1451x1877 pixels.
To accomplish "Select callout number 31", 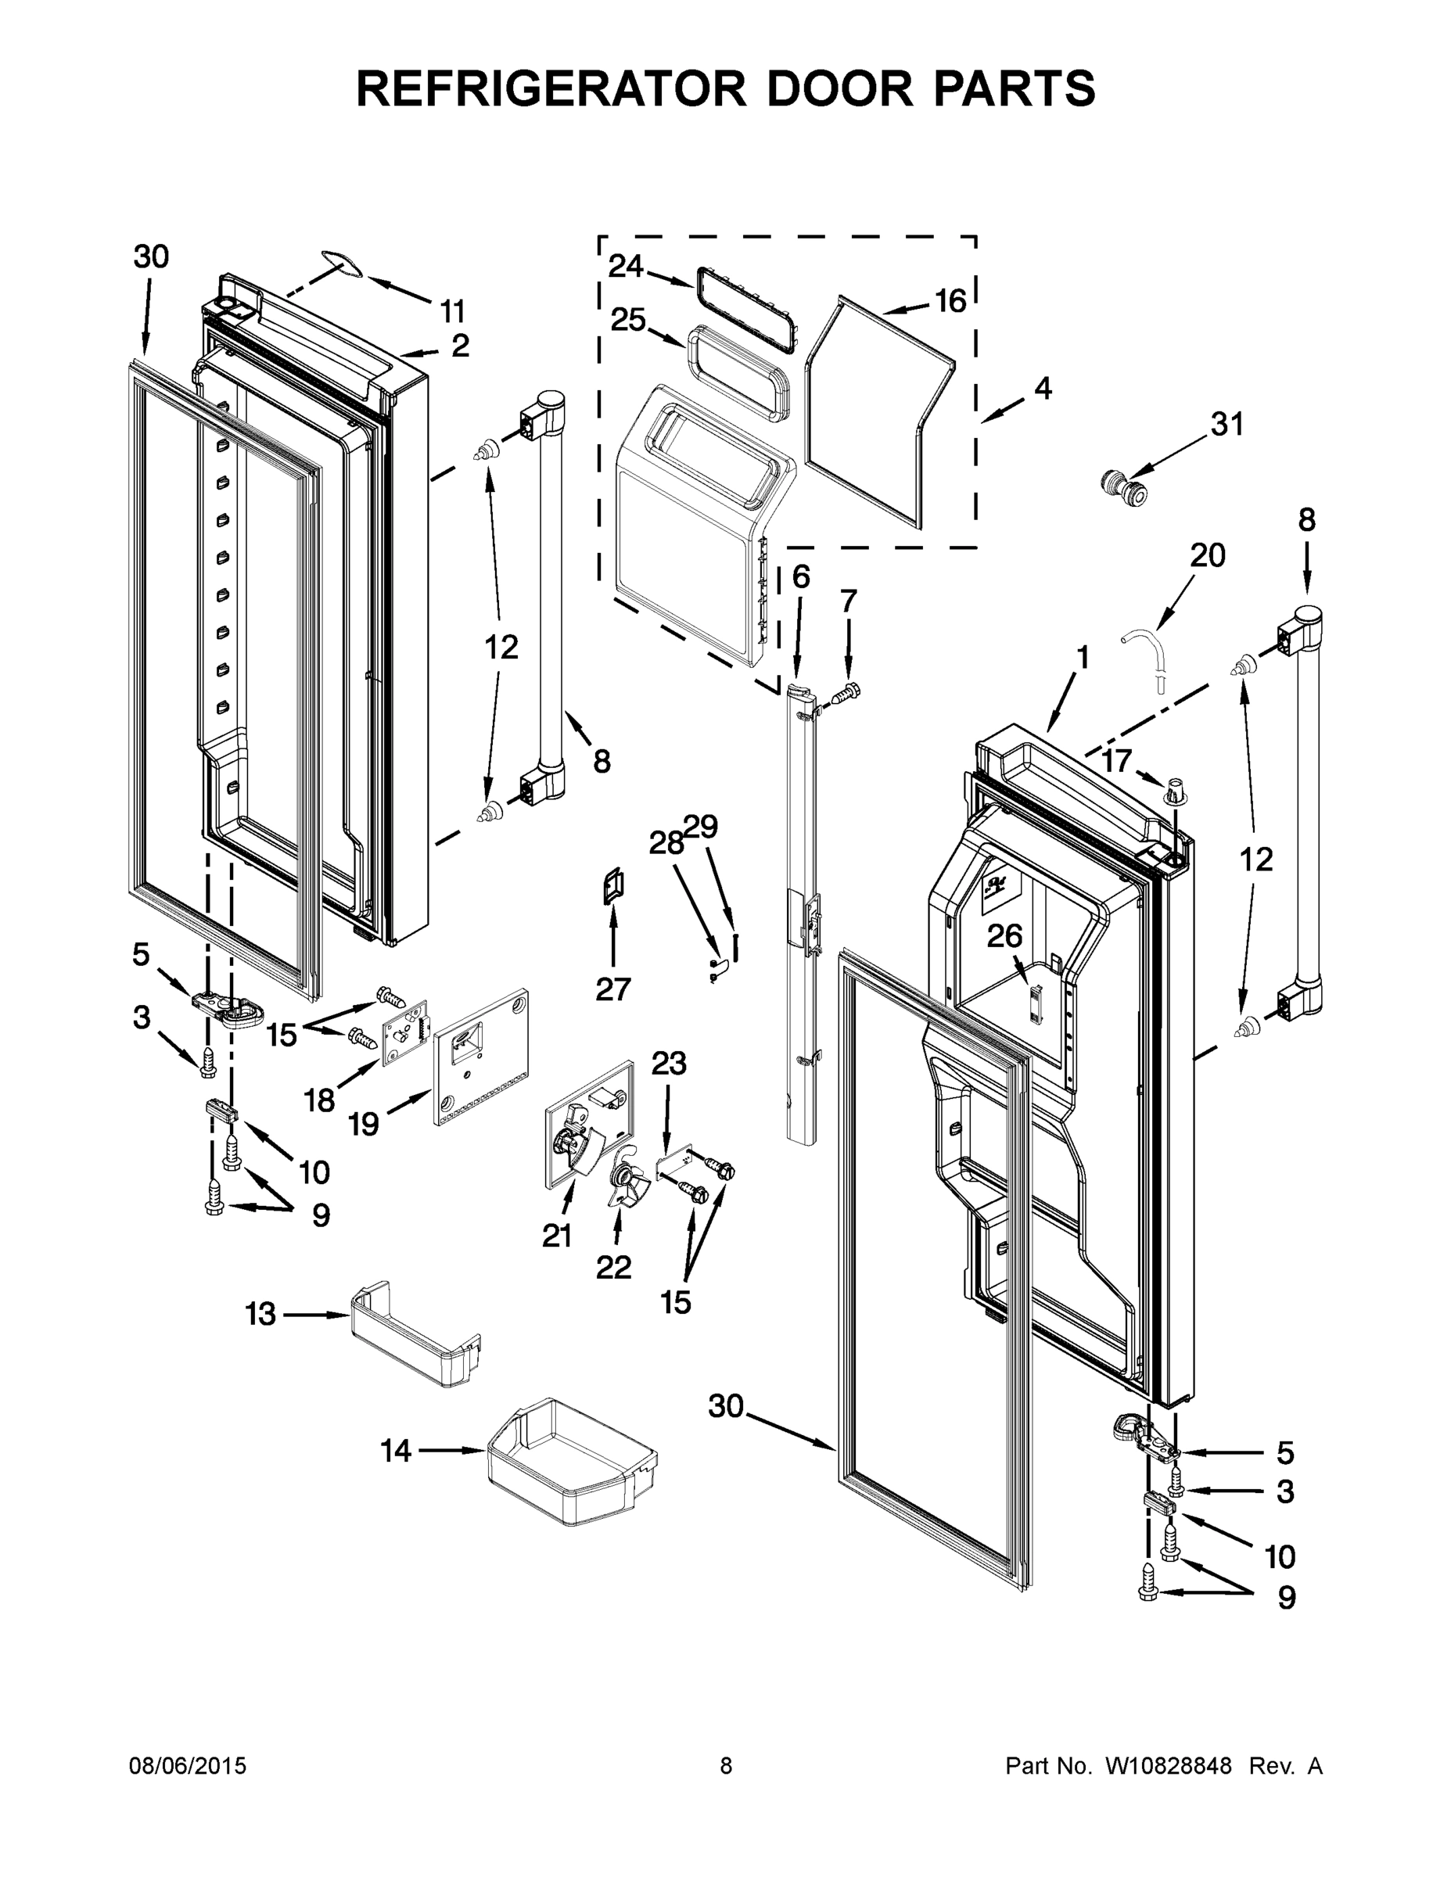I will point(1227,424).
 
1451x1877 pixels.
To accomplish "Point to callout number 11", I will point(452,310).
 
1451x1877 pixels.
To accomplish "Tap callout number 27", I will point(613,990).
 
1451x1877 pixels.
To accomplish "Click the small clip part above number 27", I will point(614,886).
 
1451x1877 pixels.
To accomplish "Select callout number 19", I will point(364,1122).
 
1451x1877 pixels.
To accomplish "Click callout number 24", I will point(625,267).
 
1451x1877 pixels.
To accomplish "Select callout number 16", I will point(950,301).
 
